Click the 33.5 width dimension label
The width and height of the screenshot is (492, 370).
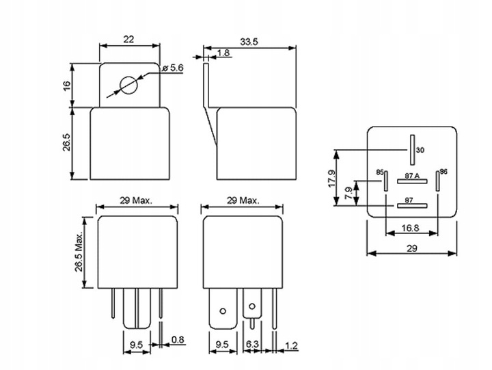coord(249,42)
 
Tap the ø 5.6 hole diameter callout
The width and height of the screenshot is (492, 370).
coord(173,68)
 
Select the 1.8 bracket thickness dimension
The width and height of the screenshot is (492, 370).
coord(223,53)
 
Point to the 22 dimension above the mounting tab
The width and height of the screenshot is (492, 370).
coord(128,39)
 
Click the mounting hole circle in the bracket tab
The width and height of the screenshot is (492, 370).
coord(128,85)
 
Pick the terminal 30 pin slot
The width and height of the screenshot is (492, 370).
coord(412,150)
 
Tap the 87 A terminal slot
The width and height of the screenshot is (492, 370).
coord(412,181)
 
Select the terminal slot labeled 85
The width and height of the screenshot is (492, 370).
coord(386,181)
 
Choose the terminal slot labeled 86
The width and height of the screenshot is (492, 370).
coord(437,181)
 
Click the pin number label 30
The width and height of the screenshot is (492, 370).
coord(420,150)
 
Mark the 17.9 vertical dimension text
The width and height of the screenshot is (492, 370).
coord(331,179)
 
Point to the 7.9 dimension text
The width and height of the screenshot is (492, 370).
coord(348,193)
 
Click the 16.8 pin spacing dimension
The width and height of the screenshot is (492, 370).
coord(411,228)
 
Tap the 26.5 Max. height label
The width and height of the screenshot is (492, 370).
coord(79,252)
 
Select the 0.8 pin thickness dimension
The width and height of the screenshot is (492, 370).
coord(178,339)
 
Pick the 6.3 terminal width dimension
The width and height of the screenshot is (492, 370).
coord(252,344)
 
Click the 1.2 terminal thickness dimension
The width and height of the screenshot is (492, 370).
coord(291,346)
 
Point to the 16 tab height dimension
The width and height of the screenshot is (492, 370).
coord(67,86)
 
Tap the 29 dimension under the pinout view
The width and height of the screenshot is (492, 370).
coord(412,248)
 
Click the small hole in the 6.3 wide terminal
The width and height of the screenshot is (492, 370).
coord(251,306)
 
